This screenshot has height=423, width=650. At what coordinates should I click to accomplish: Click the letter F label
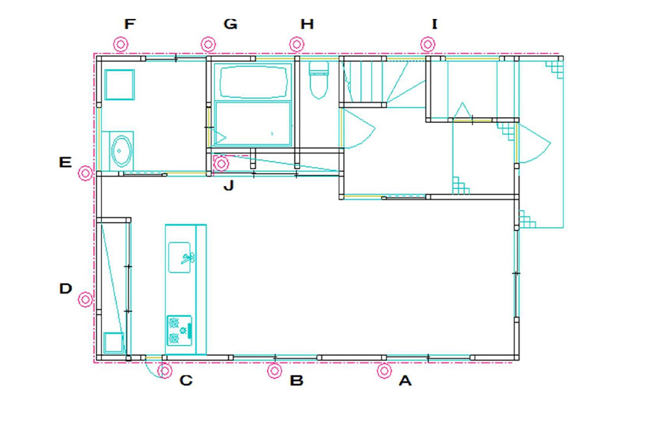point(130,24)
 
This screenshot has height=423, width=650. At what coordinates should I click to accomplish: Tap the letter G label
point(231,24)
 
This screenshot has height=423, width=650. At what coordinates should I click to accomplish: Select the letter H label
point(307,24)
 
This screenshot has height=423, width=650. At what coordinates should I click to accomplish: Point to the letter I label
point(434,24)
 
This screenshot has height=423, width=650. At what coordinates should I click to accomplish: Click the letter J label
point(228,185)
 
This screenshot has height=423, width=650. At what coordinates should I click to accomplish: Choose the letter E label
point(65,162)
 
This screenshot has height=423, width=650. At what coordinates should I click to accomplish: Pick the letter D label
point(66,288)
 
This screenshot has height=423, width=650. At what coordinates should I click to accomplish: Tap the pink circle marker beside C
point(165,371)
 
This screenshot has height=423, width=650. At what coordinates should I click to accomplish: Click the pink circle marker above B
point(274,371)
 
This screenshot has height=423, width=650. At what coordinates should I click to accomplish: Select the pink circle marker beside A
point(384,371)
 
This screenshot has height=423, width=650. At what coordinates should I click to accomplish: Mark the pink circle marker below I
point(428,44)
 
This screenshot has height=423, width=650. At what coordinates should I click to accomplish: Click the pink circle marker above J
point(221,164)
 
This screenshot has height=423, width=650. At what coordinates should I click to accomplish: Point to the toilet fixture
point(318,79)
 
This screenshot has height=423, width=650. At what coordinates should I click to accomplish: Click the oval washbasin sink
point(122,151)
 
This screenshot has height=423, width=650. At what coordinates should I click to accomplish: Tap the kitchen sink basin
point(179,257)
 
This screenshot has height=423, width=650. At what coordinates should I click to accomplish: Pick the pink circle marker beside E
point(85,173)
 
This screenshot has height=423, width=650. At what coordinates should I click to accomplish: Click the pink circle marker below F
point(120,44)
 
